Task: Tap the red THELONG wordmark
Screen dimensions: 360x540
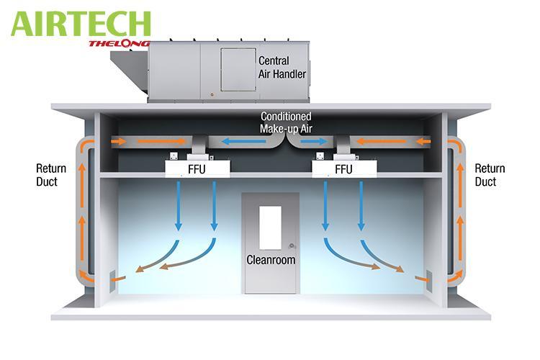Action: click(x=119, y=43)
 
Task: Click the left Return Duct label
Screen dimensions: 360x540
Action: click(x=51, y=175)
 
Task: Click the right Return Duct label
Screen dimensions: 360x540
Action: click(x=490, y=175)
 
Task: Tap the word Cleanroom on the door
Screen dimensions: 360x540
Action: click(x=271, y=259)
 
